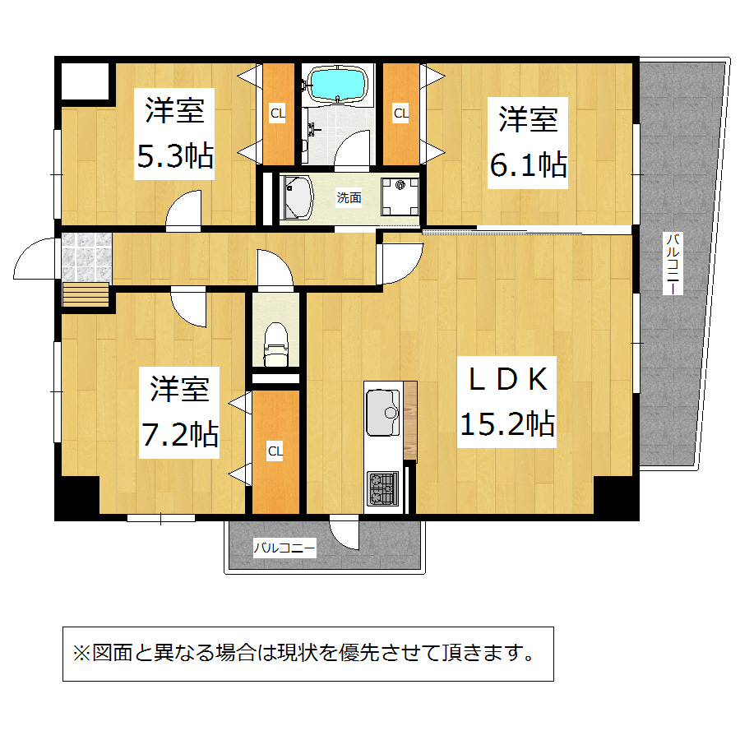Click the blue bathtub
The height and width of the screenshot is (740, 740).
pos(337,84)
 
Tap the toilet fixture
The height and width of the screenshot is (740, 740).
pos(275,344)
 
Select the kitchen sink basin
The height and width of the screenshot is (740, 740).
pos(383,412)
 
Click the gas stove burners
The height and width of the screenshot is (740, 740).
pos(382,488)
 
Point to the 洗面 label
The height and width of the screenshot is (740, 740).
pos(349,197)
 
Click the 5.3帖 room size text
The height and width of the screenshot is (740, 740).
pos(175,155)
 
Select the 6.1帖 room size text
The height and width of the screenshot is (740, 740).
pos(528,164)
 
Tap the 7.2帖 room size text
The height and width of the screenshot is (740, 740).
pos(180,434)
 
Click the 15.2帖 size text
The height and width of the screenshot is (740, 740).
pos(507,423)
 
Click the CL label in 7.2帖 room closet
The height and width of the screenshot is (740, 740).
pos(275,451)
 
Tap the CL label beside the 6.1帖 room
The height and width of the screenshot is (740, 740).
pos(400,113)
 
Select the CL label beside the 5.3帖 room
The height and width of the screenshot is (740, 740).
pos(278,113)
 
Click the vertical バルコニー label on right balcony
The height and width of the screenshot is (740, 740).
pos(673,263)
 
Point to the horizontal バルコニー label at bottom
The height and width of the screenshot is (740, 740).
pos(284,548)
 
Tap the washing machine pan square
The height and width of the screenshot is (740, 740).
pos(400,197)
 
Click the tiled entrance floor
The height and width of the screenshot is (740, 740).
pos(87,257)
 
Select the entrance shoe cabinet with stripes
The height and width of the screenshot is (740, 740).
pos(86,294)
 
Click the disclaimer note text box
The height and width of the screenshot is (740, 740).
pos(308,654)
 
